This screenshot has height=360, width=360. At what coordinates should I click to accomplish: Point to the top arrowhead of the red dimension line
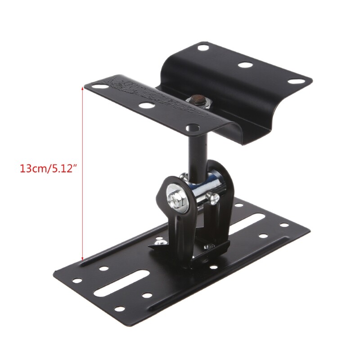[x=83, y=89]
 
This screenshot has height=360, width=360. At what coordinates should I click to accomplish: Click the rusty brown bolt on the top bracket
[x=196, y=99]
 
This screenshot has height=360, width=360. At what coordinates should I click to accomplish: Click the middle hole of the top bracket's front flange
[x=145, y=106]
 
